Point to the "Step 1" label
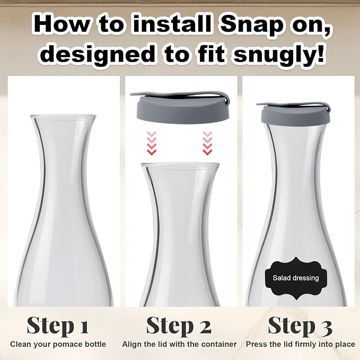57,326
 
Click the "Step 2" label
179,326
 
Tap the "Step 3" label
300,326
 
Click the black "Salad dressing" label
296,278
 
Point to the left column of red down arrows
151,143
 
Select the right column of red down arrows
207,143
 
